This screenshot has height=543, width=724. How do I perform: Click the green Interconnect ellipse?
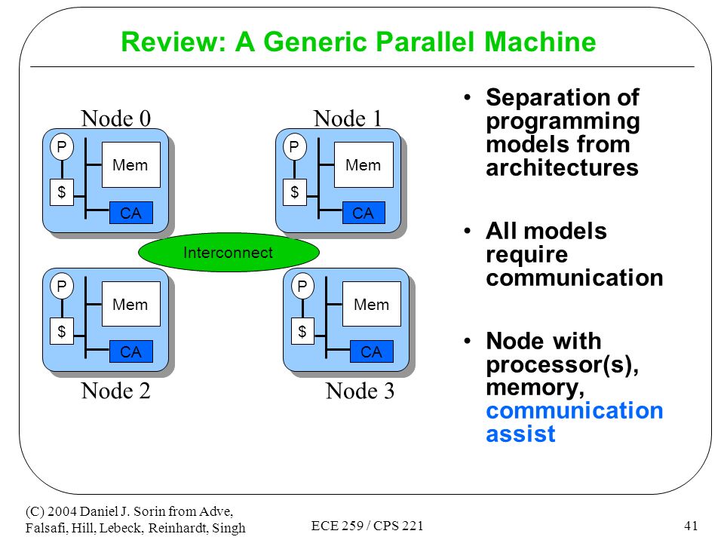pyautogui.click(x=229, y=252)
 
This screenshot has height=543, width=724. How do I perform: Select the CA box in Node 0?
pyautogui.click(x=130, y=213)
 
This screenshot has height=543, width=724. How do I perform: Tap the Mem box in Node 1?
pyautogui.click(x=364, y=165)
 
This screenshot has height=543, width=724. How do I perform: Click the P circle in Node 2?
pyautogui.click(x=61, y=287)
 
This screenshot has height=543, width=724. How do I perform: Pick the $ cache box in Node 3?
pyautogui.click(x=302, y=331)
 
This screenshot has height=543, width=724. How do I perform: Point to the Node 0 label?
pyautogui.click(x=116, y=118)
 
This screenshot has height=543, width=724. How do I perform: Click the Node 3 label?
pyautogui.click(x=360, y=391)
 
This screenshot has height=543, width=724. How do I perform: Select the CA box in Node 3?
pyautogui.click(x=372, y=351)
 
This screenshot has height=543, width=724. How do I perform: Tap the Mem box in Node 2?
pyautogui.click(x=130, y=304)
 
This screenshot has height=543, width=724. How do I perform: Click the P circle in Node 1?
pyautogui.click(x=294, y=147)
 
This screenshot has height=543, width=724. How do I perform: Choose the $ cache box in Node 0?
pyautogui.click(x=61, y=192)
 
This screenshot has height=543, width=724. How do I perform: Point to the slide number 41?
pyautogui.click(x=691, y=526)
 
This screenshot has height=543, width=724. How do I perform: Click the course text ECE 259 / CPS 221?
pyautogui.click(x=367, y=526)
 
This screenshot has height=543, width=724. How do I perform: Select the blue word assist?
pyautogui.click(x=520, y=434)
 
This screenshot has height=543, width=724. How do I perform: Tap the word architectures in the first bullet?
pyautogui.click(x=562, y=167)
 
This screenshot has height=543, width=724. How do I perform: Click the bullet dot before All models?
pyautogui.click(x=468, y=231)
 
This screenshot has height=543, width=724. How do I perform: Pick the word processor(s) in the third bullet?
pyautogui.click(x=563, y=365)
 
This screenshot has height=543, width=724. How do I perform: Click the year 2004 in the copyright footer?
pyautogui.click(x=63, y=511)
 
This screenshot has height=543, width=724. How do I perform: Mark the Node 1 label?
pyautogui.click(x=348, y=118)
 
